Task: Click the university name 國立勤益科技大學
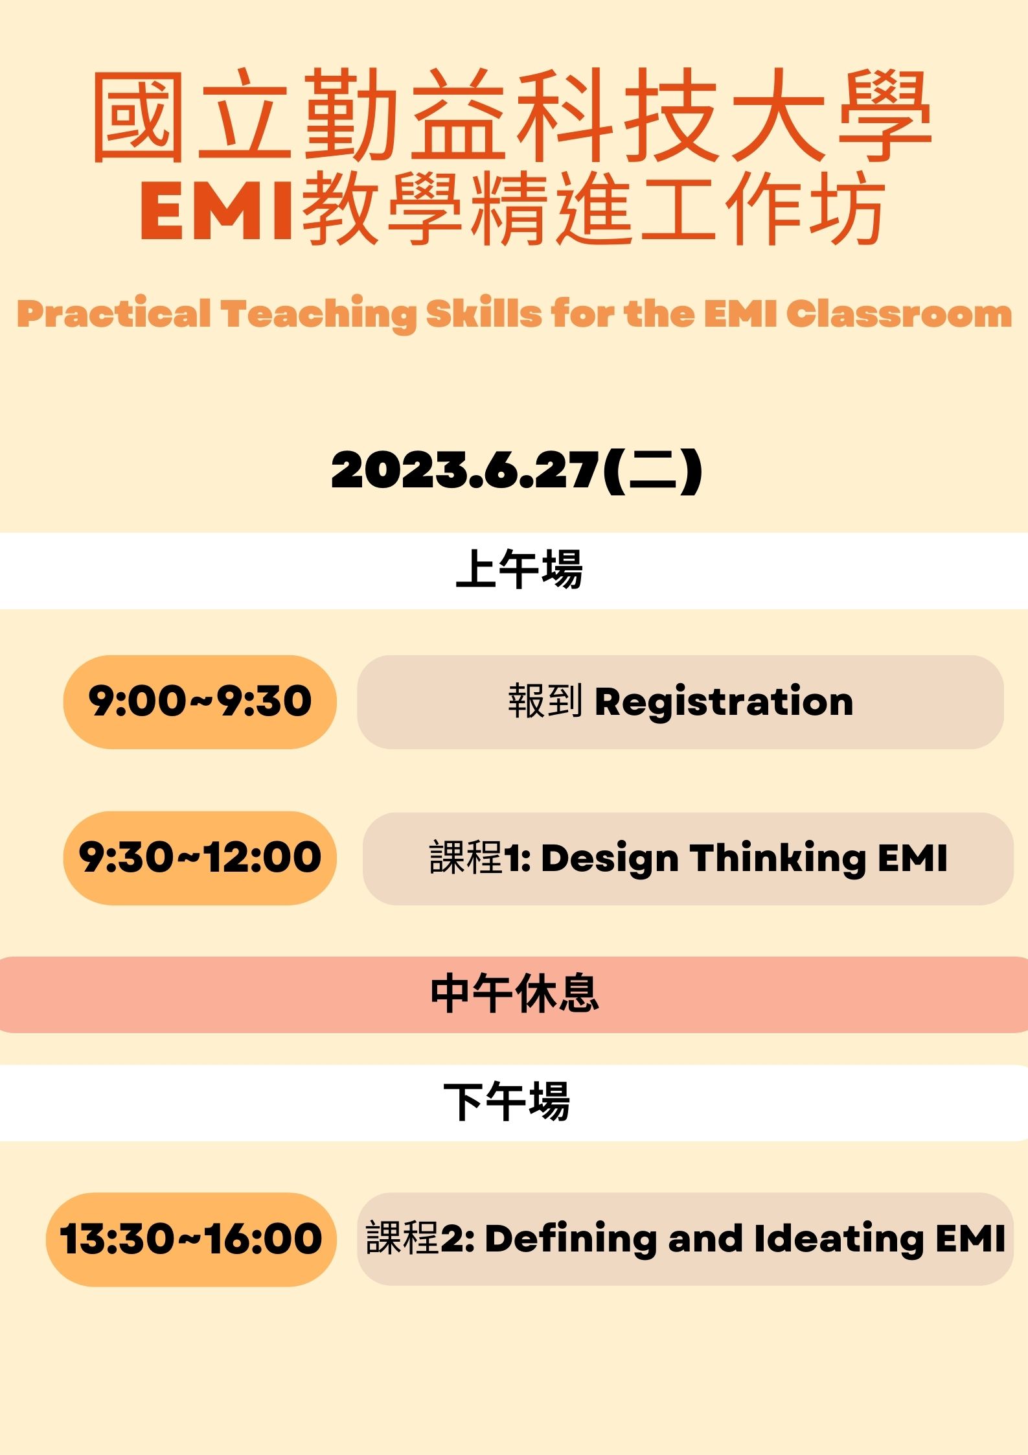coord(512,115)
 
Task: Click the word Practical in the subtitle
coord(114,314)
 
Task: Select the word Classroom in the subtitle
coord(899,314)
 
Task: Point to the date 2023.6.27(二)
coord(516,470)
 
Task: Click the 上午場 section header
coord(519,570)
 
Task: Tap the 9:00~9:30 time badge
coord(200,702)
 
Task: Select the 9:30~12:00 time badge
coord(200,858)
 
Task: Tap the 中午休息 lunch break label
coord(514,994)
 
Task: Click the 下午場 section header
coord(507,1101)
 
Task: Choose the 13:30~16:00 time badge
coord(191,1239)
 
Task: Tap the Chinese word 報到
coord(545,701)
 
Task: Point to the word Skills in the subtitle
coord(483,314)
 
